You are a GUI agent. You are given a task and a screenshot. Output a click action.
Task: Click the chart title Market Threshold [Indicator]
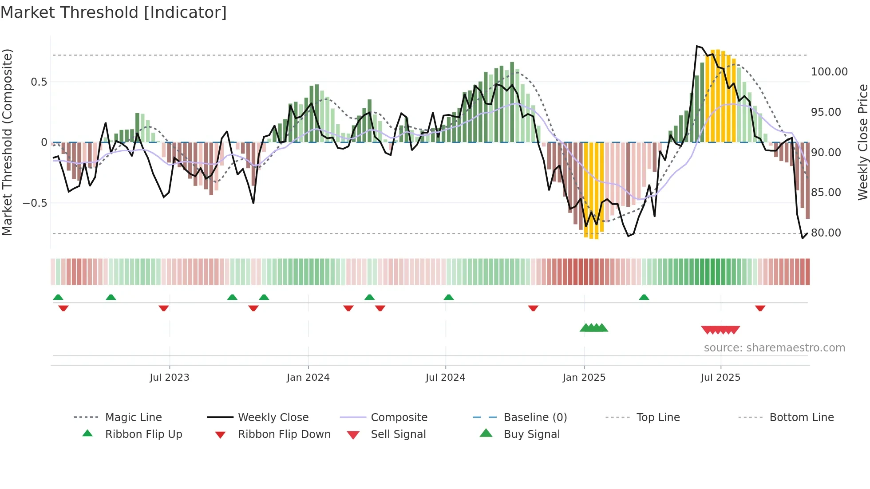tap(114, 12)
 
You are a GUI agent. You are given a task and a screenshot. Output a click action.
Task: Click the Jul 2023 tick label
tap(169, 378)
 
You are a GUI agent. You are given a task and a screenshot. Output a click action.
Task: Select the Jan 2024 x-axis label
tap(308, 378)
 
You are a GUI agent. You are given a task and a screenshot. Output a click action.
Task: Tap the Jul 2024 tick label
tap(445, 378)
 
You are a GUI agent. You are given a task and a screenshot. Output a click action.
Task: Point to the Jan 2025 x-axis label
tap(584, 378)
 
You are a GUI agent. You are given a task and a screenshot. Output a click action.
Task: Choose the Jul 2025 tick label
tap(720, 378)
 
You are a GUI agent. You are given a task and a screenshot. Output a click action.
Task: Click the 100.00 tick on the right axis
tap(829, 72)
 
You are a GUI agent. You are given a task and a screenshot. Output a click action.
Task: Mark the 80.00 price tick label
tap(826, 233)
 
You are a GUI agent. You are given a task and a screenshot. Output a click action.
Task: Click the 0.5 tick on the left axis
tap(39, 82)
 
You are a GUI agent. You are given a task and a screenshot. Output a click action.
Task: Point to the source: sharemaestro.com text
tap(774, 348)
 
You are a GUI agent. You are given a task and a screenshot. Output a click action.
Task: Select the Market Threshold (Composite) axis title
tap(7, 142)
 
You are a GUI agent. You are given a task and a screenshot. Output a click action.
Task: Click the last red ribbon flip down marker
tap(760, 308)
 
